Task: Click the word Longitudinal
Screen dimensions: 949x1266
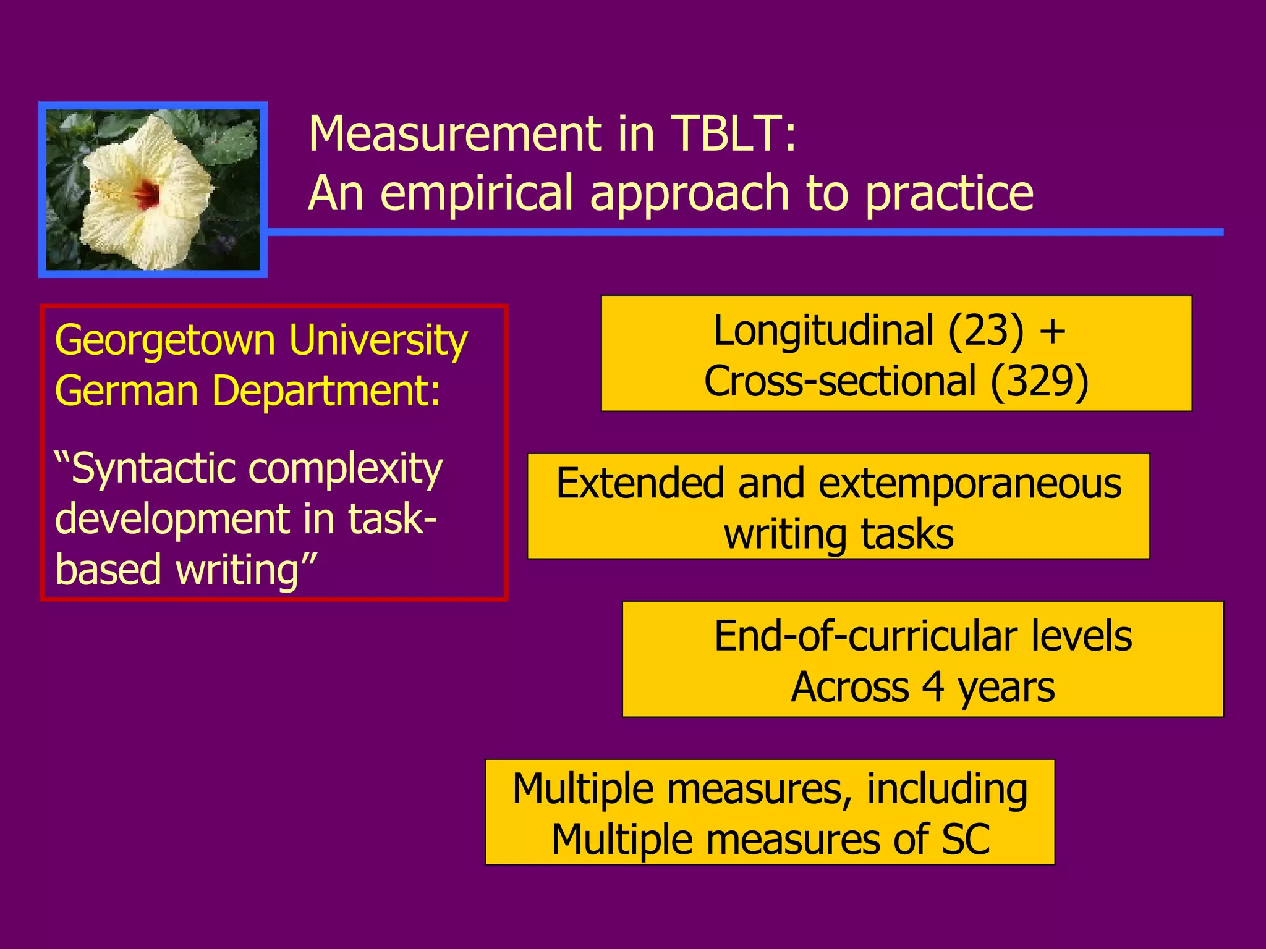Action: (x=823, y=331)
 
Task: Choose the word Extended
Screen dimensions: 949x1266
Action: (x=640, y=483)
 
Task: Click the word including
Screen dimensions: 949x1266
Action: (x=947, y=789)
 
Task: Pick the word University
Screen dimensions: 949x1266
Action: (x=378, y=341)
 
